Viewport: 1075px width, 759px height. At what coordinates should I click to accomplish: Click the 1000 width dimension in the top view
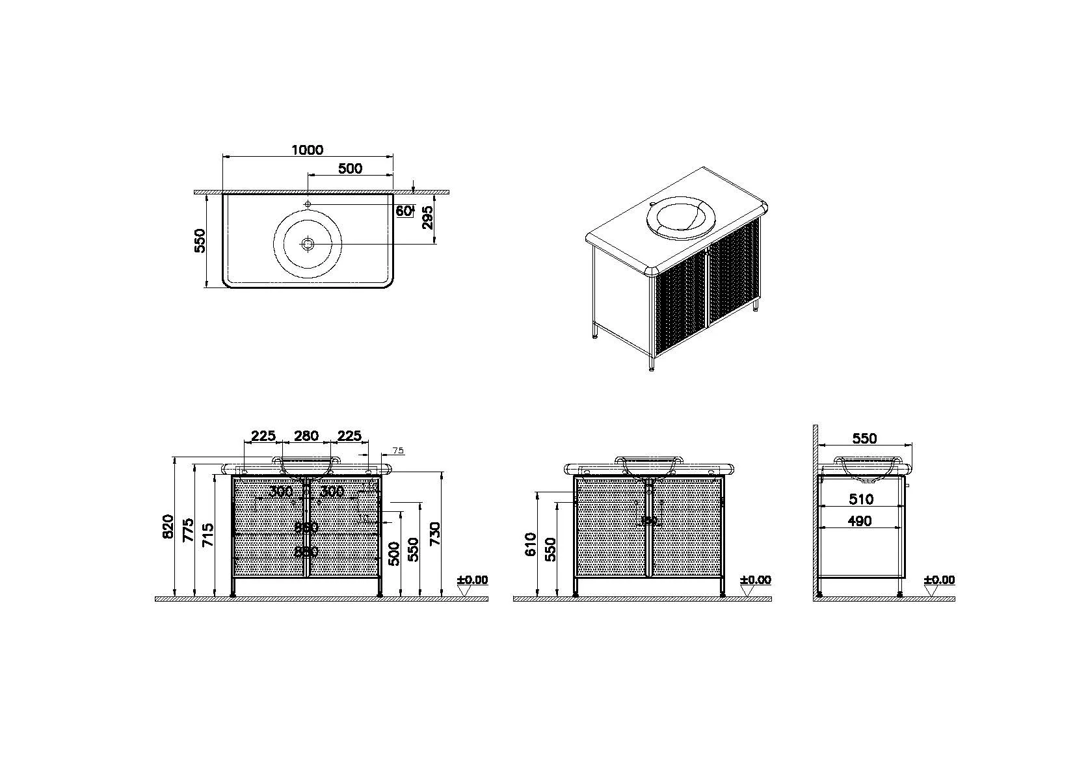pos(307,150)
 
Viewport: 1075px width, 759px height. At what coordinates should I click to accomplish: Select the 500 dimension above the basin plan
pos(350,168)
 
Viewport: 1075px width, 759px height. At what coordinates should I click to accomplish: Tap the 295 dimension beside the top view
pos(427,218)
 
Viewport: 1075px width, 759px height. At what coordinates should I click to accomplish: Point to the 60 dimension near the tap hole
pos(403,211)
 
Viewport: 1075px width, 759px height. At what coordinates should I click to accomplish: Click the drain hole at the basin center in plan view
pos(308,244)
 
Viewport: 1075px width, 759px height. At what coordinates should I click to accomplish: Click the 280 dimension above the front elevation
pos(306,435)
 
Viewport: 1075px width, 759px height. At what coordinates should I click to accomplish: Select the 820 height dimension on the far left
pos(168,527)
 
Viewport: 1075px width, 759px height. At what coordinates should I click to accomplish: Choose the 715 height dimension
pos(208,536)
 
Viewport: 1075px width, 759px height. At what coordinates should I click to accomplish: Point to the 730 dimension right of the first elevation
pos(435,535)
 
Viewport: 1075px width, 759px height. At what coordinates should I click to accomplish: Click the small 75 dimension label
pos(399,450)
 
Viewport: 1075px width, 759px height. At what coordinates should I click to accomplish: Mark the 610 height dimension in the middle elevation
pos(530,544)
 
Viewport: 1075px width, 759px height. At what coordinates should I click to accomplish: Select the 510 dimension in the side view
pos(861,499)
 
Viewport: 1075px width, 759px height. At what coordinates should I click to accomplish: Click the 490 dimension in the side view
pos(860,520)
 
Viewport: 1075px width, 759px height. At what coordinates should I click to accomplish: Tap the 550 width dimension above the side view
pos(864,438)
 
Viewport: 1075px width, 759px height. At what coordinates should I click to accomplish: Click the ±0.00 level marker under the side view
pos(939,580)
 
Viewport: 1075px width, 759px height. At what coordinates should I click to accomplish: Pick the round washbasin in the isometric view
pos(680,217)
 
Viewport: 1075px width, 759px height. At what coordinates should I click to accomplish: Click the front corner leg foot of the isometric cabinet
pos(652,367)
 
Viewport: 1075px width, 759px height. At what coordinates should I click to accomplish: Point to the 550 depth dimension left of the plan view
pos(200,240)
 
